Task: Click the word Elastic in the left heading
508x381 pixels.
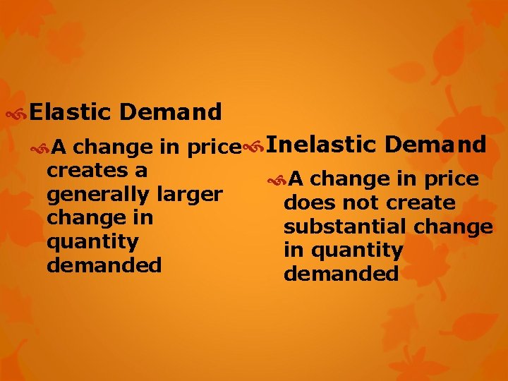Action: [x=70, y=111]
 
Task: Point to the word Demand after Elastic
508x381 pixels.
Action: [x=171, y=111]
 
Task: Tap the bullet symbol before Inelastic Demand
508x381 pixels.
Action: [x=252, y=146]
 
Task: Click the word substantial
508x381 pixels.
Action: [x=344, y=226]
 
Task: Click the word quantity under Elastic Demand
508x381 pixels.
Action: [x=92, y=242]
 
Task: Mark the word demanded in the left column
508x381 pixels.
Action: [x=104, y=265]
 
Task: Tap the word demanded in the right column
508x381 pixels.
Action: [x=341, y=274]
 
